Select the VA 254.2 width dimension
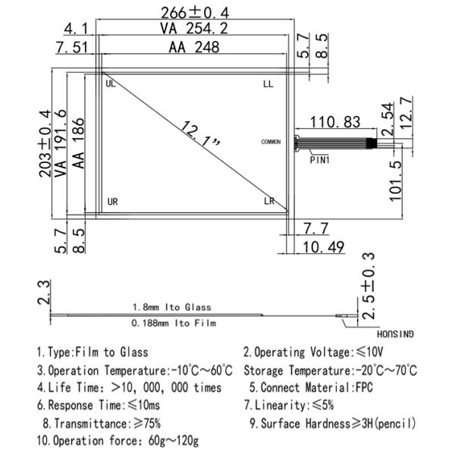[x=196, y=29]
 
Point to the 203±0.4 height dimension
[x=45, y=143]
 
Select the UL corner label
[x=111, y=83]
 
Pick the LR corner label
[x=268, y=202]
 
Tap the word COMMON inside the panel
[x=270, y=142]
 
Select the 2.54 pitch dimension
[x=387, y=118]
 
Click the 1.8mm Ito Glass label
[x=171, y=307]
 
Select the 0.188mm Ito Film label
[x=171, y=323]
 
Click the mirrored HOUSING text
[x=397, y=333]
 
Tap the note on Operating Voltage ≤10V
[x=312, y=352]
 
